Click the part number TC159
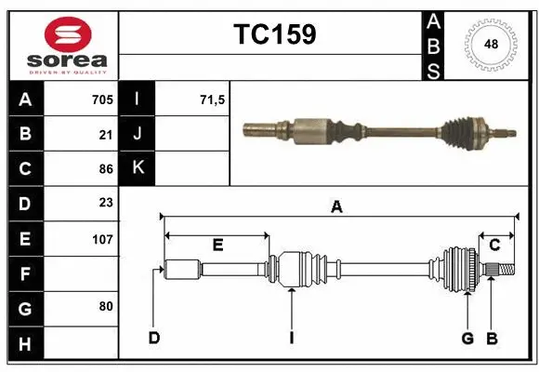point(274,34)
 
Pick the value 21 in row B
point(106,134)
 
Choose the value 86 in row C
point(106,168)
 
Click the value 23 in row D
point(106,203)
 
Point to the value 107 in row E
point(102,238)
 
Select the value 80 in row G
point(106,306)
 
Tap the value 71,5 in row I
point(213,100)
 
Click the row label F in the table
point(25,273)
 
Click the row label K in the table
point(138,168)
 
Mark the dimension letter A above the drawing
point(336,208)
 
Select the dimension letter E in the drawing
point(217,245)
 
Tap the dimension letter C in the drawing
point(494,245)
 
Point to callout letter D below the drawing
point(153,338)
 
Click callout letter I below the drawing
point(291,338)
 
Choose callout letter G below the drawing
point(467,338)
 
